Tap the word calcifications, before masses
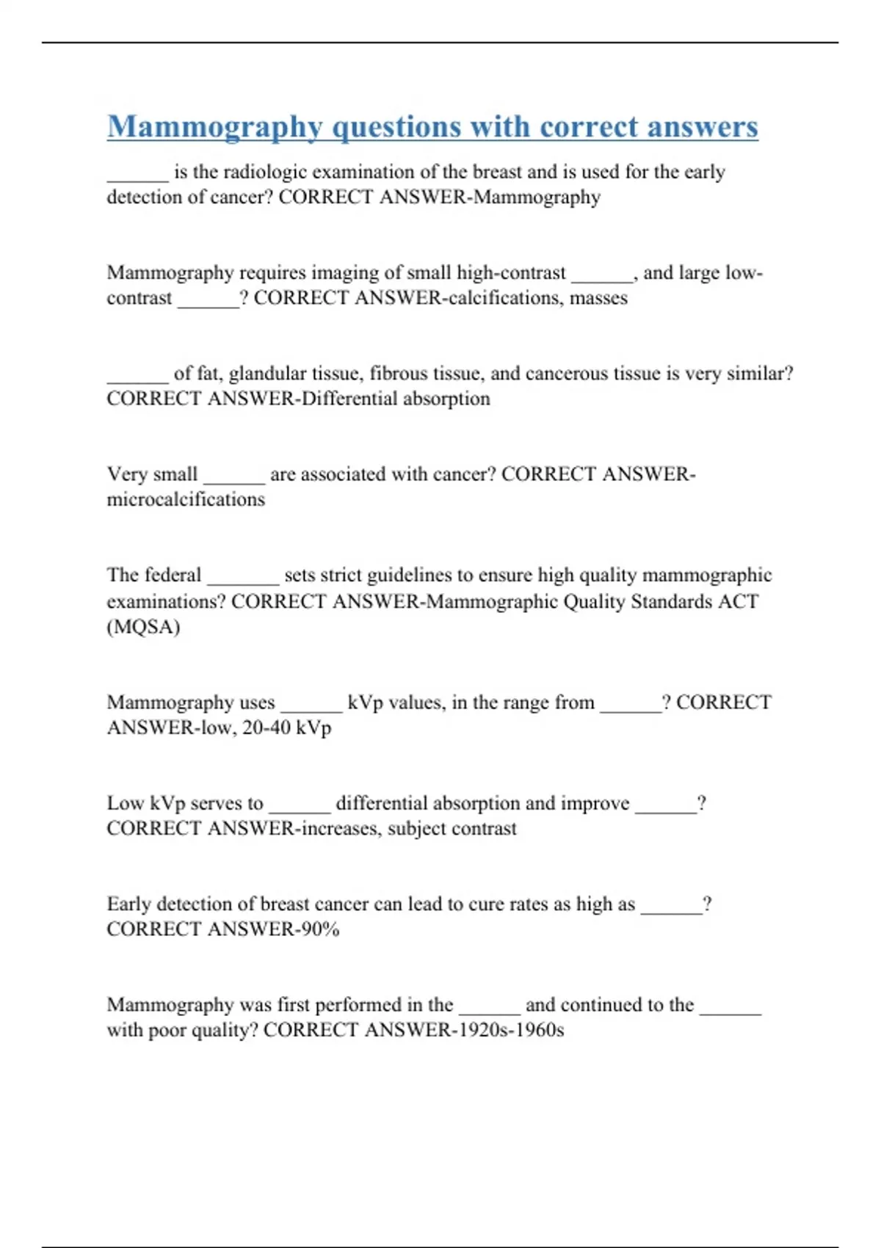coord(498,298)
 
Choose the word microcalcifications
coord(186,500)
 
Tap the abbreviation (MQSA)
coord(143,627)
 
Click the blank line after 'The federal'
coord(243,580)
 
